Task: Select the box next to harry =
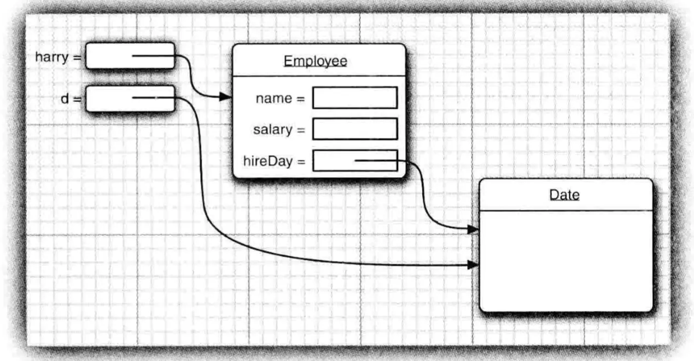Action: [x=130, y=56]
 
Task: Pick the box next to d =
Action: [x=130, y=99]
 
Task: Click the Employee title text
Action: [x=315, y=61]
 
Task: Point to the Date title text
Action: [x=564, y=195]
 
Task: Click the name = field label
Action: [x=279, y=99]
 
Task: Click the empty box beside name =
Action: [x=354, y=98]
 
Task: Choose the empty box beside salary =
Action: [x=354, y=129]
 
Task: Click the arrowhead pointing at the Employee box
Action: [x=225, y=97]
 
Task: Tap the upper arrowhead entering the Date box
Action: [x=473, y=230]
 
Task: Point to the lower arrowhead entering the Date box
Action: [x=473, y=265]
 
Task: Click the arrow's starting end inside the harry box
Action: [x=134, y=56]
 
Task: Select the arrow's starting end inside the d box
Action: [x=134, y=98]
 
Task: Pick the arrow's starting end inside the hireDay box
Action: [x=356, y=161]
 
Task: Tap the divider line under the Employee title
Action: [x=319, y=76]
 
